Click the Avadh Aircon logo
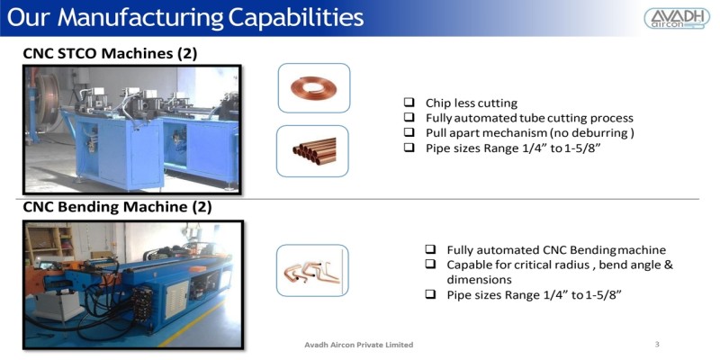[x=677, y=18]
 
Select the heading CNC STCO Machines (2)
[x=110, y=54]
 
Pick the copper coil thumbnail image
[x=313, y=88]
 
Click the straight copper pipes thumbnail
[x=313, y=149]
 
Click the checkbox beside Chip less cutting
[x=409, y=103]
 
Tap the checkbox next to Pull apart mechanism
[x=409, y=133]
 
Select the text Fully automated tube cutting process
[x=529, y=118]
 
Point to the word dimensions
[x=480, y=279]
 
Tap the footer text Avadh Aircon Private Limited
[x=359, y=345]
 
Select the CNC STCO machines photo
[x=132, y=129]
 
